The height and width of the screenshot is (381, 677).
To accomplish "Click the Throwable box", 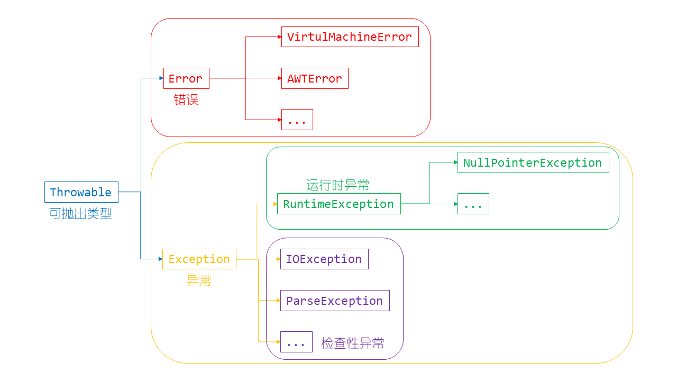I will coord(81,192).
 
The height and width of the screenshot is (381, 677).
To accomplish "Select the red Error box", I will coord(186,78).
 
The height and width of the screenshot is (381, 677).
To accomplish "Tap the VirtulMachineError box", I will coord(350,37).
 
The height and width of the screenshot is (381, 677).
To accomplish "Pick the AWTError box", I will coord(315,78).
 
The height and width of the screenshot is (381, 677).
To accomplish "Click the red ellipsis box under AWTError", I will coord(297,120).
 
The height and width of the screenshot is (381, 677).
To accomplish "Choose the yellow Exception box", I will coord(199,259).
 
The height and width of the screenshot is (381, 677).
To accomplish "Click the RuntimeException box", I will coord(338,204).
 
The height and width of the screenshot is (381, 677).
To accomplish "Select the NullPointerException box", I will coord(533,162).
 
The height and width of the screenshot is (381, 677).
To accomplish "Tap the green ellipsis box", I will coord(473,204).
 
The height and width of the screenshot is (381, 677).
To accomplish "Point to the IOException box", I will coord(324,259).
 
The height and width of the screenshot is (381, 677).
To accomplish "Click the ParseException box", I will coord(334,301).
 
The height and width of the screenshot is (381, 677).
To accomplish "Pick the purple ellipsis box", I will coord(296,342).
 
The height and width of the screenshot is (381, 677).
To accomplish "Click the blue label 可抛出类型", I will coord(80,214).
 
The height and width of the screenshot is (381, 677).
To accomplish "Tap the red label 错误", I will coord(186,100).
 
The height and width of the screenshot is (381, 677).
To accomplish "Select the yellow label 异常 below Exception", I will coord(199,281).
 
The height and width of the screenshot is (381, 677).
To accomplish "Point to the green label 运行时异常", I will coord(338,185).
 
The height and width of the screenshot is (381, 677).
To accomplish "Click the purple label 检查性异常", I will coord(353,343).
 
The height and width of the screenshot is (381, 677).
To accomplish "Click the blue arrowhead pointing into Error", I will coord(161,78).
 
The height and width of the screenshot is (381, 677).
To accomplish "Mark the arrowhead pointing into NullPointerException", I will coord(455,162).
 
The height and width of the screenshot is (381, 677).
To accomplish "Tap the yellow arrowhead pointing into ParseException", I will coord(278,301).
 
